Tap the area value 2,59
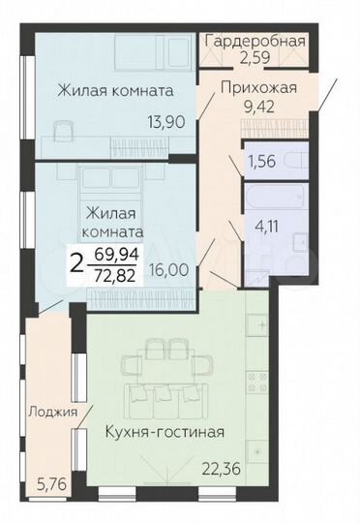click(256, 58)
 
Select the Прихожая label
click(258, 88)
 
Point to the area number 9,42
click(258, 107)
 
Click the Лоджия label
click(53, 411)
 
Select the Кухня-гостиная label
click(165, 432)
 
